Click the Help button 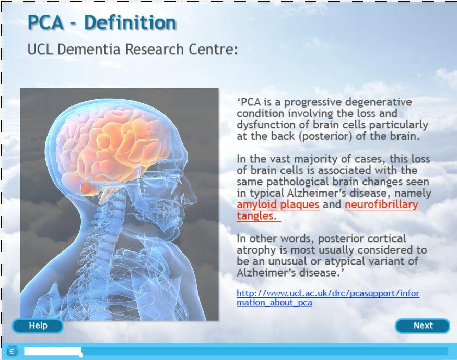[38, 326]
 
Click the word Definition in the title [130, 22]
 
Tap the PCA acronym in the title [46, 22]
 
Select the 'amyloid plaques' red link [278, 204]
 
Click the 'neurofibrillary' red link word [381, 204]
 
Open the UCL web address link [328, 298]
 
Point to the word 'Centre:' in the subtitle [213, 49]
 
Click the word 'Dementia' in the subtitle [89, 49]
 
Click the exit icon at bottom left [12, 351]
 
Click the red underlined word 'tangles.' [256, 216]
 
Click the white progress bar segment [53, 352]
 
